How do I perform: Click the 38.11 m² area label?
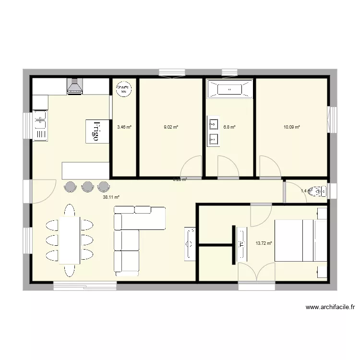pos(111,197)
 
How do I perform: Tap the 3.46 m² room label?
pos(124,127)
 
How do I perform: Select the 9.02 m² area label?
pos(171,127)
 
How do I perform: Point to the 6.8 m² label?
pos(229,127)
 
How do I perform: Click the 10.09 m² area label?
pos(291,127)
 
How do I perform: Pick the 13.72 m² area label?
pos(264,243)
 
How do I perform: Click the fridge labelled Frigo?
pos(96,131)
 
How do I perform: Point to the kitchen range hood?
pos(75,86)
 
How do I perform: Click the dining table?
pos(69,240)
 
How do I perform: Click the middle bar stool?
pos(87,186)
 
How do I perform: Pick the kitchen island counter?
pos(85,170)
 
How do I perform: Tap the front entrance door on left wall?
pos(42,191)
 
